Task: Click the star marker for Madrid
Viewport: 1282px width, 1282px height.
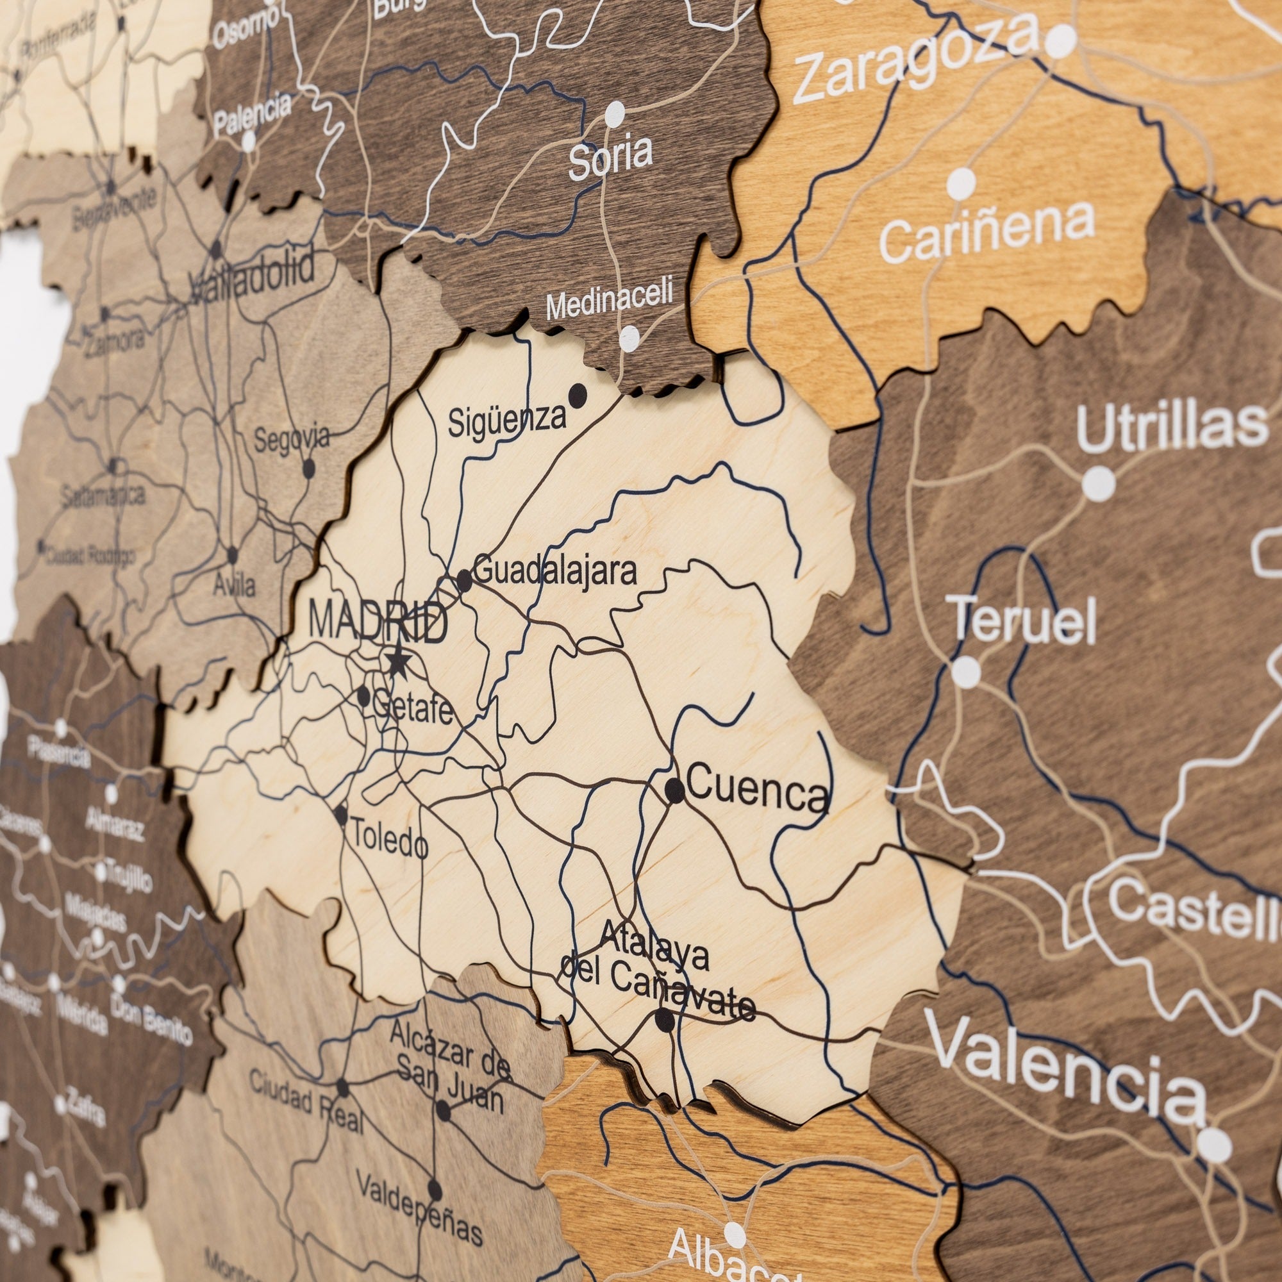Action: pyautogui.click(x=397, y=661)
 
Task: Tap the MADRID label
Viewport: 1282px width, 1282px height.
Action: pyautogui.click(x=378, y=623)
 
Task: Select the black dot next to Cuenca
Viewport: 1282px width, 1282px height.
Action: pyautogui.click(x=674, y=790)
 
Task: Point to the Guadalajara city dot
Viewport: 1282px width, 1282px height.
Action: pyautogui.click(x=464, y=581)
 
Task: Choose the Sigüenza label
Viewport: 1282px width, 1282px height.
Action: pyautogui.click(x=507, y=420)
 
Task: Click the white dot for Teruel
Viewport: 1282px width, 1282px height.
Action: pyautogui.click(x=966, y=672)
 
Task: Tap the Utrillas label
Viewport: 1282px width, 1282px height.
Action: pyautogui.click(x=1171, y=428)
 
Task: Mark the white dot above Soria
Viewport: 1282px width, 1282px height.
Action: pyautogui.click(x=615, y=114)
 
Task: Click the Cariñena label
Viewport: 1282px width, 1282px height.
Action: pyautogui.click(x=986, y=231)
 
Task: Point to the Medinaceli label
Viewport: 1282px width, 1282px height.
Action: pyautogui.click(x=609, y=298)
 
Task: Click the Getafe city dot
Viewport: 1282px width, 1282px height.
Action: pyautogui.click(x=363, y=696)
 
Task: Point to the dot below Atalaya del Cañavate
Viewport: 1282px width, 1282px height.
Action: pyautogui.click(x=664, y=1020)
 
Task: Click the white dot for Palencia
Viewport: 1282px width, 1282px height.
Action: pyautogui.click(x=249, y=140)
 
